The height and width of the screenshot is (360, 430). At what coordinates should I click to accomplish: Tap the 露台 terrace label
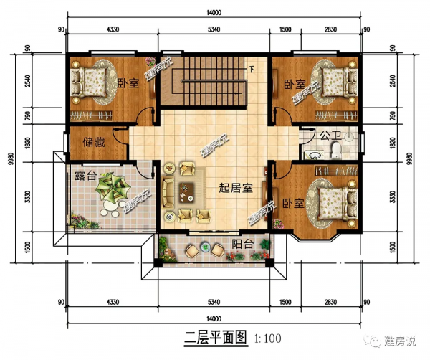[86, 174]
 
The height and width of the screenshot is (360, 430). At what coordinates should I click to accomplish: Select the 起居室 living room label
[235, 189]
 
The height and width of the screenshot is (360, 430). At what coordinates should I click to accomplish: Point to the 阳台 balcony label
[240, 244]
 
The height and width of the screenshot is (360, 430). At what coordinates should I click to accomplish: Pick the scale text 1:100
[264, 337]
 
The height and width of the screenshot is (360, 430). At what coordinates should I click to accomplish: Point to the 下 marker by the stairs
[252, 70]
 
